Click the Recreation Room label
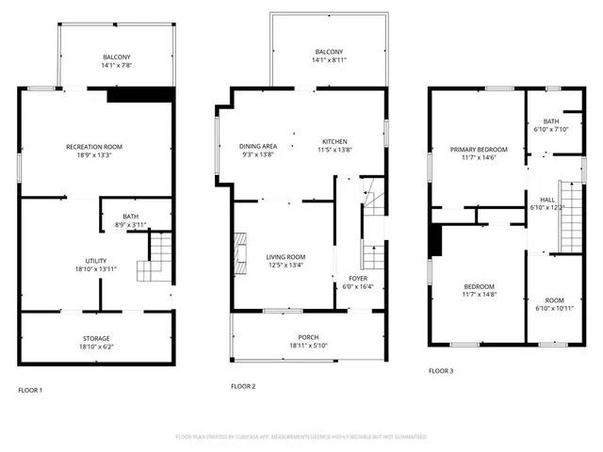(94, 147)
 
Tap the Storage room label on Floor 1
(94, 338)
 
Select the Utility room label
(95, 261)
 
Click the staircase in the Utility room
(155, 258)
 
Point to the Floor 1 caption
(30, 390)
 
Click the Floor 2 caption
(243, 386)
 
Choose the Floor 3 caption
(441, 371)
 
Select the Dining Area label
(257, 146)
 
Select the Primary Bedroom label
(479, 150)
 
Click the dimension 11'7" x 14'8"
(479, 295)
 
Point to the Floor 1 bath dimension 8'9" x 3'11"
(132, 224)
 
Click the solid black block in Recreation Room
(141, 94)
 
